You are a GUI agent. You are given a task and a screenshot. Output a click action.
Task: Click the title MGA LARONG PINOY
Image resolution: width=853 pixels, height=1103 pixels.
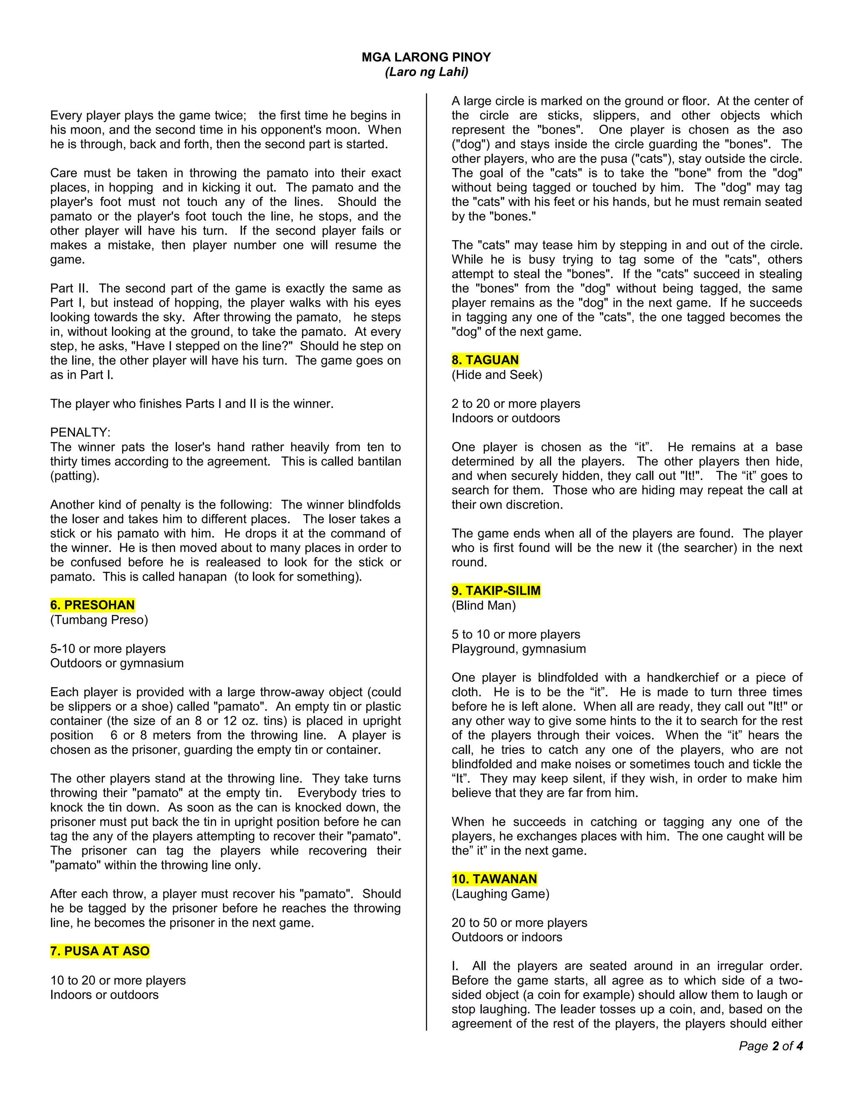(x=426, y=57)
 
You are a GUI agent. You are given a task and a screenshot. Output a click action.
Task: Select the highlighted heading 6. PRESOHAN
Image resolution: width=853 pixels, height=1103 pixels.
(x=92, y=605)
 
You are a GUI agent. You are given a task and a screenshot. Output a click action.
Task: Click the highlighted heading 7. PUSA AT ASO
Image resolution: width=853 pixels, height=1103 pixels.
(x=100, y=951)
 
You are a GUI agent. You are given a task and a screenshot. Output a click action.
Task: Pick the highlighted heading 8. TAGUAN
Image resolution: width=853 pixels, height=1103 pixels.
(x=485, y=360)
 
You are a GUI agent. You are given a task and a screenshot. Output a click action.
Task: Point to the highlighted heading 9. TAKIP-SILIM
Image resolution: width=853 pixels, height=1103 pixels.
(x=496, y=590)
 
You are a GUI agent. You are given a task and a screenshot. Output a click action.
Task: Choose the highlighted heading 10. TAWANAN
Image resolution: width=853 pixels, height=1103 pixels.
(x=494, y=879)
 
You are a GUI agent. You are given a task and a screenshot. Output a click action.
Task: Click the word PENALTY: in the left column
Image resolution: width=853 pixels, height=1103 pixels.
(x=80, y=432)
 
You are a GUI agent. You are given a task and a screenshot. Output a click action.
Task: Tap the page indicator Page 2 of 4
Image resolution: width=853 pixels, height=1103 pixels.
(x=771, y=1046)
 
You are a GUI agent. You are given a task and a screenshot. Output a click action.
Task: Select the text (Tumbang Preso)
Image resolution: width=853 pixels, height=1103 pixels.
(x=99, y=620)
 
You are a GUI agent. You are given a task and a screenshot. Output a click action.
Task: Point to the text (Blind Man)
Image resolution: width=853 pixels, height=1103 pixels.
(x=484, y=605)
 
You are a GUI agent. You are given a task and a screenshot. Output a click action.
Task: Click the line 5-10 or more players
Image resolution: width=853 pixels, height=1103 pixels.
(x=107, y=648)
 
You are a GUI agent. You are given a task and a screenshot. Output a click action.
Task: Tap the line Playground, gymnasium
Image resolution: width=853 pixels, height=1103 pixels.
(x=519, y=648)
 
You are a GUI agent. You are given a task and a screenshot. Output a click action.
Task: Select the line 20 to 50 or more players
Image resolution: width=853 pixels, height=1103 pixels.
(x=519, y=922)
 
